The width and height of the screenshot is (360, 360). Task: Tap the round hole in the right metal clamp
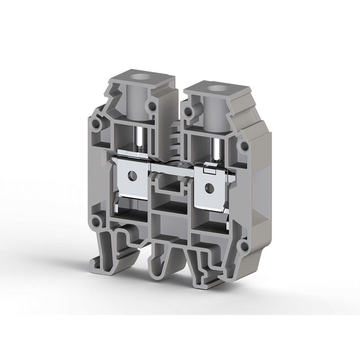(208, 186)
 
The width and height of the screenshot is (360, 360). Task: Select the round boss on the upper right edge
(244, 147)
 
